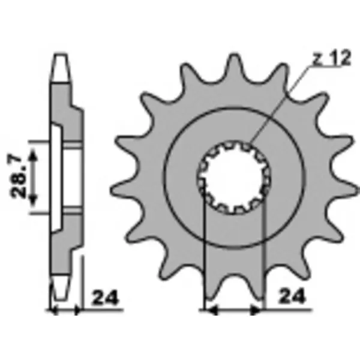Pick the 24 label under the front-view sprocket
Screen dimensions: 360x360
(293, 296)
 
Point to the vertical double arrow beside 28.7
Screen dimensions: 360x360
(34, 178)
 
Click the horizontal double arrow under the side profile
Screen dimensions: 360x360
(66, 311)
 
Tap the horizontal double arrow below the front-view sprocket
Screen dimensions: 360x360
(234, 311)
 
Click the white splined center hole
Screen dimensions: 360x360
(233, 178)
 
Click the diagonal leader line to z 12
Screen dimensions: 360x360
(282, 102)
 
